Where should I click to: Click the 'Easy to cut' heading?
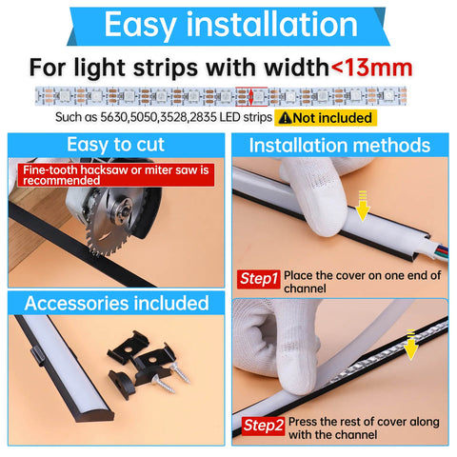pos(114,146)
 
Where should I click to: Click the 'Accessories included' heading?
pos(115,303)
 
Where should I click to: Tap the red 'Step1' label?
pos(259,279)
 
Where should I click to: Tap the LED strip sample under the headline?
pos(228,96)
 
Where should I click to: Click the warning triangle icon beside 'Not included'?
pos(284,118)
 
